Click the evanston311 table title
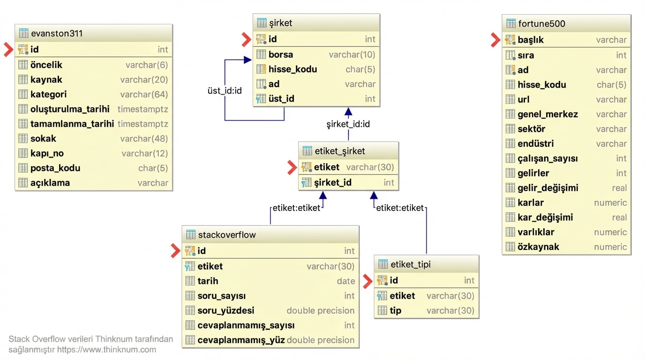pyautogui.click(x=57, y=33)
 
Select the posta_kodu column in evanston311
pyautogui.click(x=55, y=168)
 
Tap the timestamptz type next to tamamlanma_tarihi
pyautogui.click(x=142, y=124)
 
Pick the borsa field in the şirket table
pyautogui.click(x=281, y=54)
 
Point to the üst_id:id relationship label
pyautogui.click(x=225, y=90)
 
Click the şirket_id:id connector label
pyautogui.click(x=348, y=124)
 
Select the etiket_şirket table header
pyautogui.click(x=340, y=151)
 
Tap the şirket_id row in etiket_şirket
pyautogui.click(x=333, y=182)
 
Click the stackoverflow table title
pyautogui.click(x=227, y=234)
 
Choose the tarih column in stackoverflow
pyautogui.click(x=208, y=281)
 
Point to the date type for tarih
pyautogui.click(x=345, y=281)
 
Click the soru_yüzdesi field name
pyautogui.click(x=226, y=310)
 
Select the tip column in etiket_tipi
pyautogui.click(x=395, y=310)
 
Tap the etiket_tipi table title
pyautogui.click(x=410, y=264)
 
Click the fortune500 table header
pyautogui.click(x=541, y=23)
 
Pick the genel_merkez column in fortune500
pyautogui.click(x=547, y=114)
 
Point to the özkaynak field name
pyautogui.click(x=538, y=247)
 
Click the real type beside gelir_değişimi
pyautogui.click(x=619, y=187)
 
